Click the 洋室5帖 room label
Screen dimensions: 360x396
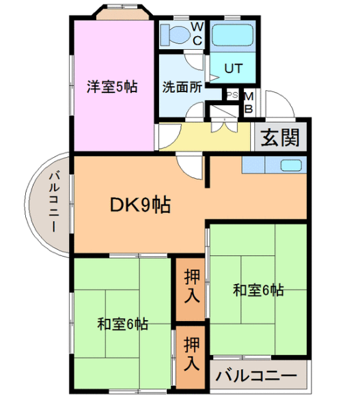click(x=112, y=87)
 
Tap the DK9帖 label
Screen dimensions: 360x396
click(x=141, y=204)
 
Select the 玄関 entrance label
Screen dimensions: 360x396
click(x=280, y=138)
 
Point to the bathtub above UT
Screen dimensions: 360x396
click(x=233, y=35)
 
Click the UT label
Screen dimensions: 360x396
click(x=234, y=68)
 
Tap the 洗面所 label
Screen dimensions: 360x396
click(x=182, y=87)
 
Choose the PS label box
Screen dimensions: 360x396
click(x=232, y=95)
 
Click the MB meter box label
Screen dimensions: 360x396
click(x=249, y=103)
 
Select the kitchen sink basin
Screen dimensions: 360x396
click(x=291, y=165)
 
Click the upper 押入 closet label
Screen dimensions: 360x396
click(x=192, y=286)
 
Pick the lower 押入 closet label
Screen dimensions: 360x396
click(x=192, y=354)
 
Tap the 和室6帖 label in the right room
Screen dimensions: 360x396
click(x=258, y=290)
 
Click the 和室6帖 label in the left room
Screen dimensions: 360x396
click(x=123, y=324)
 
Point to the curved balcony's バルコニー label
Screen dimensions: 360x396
click(x=54, y=201)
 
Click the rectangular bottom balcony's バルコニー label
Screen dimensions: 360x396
click(x=256, y=376)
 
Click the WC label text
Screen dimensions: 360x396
click(x=197, y=33)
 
